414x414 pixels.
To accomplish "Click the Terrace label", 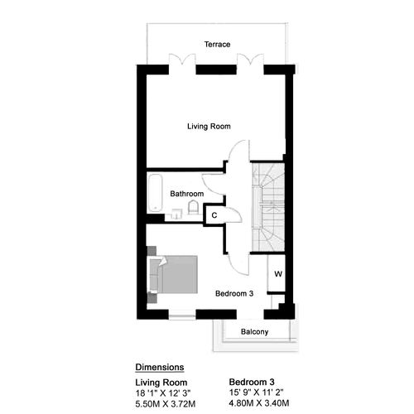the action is pyautogui.click(x=217, y=45).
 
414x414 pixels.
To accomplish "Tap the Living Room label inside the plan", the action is pyautogui.click(x=209, y=127).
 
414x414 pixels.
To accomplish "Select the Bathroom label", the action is pyautogui.click(x=187, y=194).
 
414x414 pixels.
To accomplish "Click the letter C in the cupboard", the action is pyautogui.click(x=214, y=215).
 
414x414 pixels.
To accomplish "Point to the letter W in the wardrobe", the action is pyautogui.click(x=278, y=274).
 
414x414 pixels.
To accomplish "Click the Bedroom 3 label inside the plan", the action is pyautogui.click(x=234, y=293).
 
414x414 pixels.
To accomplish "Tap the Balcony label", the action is pyautogui.click(x=254, y=332).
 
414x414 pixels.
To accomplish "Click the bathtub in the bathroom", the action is pyautogui.click(x=155, y=193).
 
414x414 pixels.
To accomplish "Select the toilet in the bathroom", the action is pyautogui.click(x=193, y=208).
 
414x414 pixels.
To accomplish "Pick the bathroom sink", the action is pyautogui.click(x=176, y=214).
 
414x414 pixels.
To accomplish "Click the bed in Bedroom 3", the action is pyautogui.click(x=173, y=275).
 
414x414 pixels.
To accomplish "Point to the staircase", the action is pyautogui.click(x=268, y=207).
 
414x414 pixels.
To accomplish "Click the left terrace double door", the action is pyautogui.click(x=182, y=60).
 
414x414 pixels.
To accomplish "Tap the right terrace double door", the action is pyautogui.click(x=250, y=60).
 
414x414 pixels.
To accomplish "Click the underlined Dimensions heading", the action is pyautogui.click(x=160, y=368).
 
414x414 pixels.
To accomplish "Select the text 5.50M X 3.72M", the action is pyautogui.click(x=166, y=404).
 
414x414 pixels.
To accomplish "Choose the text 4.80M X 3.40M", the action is pyautogui.click(x=259, y=403).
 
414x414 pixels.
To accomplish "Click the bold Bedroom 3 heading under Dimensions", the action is pyautogui.click(x=252, y=382).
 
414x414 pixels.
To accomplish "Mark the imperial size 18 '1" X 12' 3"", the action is pyautogui.click(x=163, y=392).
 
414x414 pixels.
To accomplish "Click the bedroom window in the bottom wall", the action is pyautogui.click(x=182, y=315).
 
